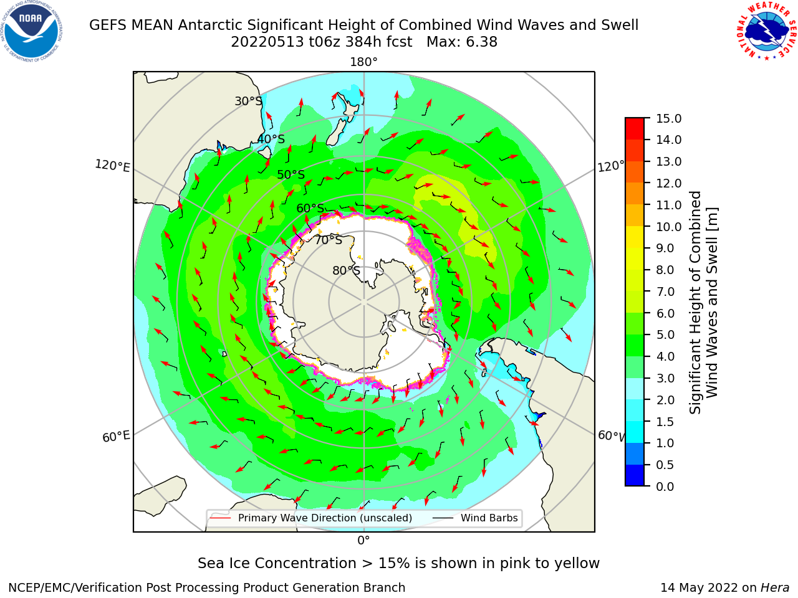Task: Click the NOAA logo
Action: (x=32, y=32)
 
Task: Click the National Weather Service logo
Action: (x=766, y=31)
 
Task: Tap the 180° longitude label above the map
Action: (x=363, y=62)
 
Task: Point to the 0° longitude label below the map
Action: (x=363, y=541)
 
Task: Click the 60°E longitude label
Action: (x=116, y=436)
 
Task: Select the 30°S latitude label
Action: (x=248, y=101)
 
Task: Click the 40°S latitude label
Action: (x=271, y=139)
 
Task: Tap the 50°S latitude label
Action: (x=291, y=174)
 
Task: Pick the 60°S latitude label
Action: (x=310, y=208)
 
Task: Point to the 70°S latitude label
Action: (x=329, y=240)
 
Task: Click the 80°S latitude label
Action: (x=346, y=270)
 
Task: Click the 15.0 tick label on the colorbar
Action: (x=668, y=118)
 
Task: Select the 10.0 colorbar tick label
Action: (x=668, y=227)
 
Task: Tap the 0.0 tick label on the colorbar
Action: (x=665, y=486)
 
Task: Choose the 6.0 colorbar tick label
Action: (x=665, y=313)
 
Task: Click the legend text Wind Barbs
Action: (x=489, y=518)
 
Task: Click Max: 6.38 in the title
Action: (x=462, y=42)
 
